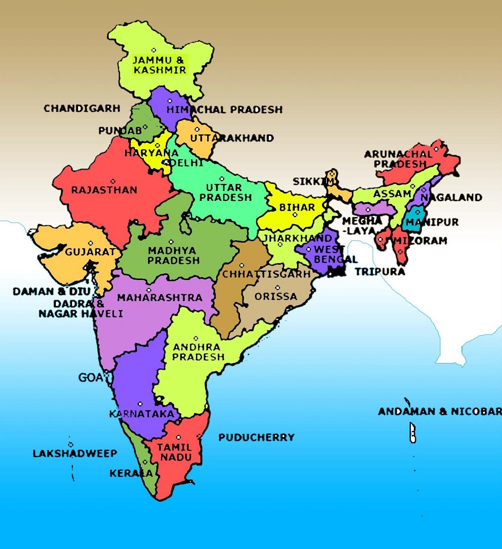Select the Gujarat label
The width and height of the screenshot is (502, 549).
(90, 252)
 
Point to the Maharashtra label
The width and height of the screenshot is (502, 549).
(159, 298)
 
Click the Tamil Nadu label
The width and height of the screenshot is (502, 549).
(174, 452)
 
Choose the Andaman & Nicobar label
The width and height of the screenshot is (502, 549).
(439, 412)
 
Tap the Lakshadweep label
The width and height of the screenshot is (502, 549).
(75, 454)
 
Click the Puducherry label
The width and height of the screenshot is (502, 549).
(256, 438)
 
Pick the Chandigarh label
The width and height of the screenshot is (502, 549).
(82, 108)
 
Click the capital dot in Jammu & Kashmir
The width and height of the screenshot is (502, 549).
(154, 50)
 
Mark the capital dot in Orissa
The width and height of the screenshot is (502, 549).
(277, 287)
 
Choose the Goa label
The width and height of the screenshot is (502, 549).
(90, 378)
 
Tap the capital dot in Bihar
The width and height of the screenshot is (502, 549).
(295, 215)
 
